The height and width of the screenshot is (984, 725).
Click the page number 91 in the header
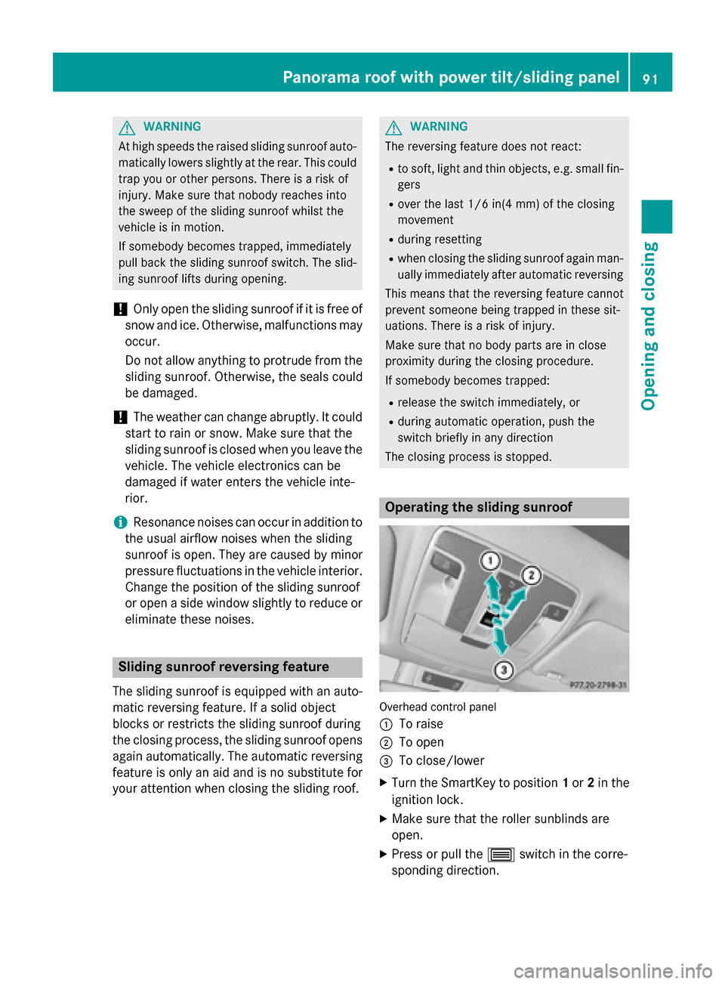tap(650, 78)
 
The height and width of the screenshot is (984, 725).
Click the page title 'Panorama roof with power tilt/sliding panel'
tap(451, 77)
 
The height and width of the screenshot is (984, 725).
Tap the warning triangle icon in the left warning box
tap(127, 127)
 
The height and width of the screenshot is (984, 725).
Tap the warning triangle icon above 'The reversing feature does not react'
tap(393, 127)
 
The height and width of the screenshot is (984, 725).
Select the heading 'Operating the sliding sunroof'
tap(479, 507)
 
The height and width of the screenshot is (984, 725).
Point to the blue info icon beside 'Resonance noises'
tap(119, 522)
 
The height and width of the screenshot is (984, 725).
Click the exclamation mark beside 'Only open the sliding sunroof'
tap(119, 309)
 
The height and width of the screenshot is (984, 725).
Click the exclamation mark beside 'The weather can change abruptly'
tap(119, 417)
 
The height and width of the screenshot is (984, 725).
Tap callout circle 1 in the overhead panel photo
tap(491, 560)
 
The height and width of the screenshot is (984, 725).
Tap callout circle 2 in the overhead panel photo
tap(532, 575)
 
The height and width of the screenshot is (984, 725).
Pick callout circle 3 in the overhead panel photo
tap(504, 669)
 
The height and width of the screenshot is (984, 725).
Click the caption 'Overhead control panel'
tap(438, 707)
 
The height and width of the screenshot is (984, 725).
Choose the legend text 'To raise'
tap(421, 724)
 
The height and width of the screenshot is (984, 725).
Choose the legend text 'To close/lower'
tap(442, 760)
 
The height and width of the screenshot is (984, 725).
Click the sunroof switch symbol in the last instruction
tap(501, 855)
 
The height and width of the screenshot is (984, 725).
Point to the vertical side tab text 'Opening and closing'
tap(649, 326)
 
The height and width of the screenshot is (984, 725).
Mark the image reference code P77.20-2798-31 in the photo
tap(597, 685)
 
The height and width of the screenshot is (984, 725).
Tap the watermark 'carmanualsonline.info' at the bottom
tap(612, 970)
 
